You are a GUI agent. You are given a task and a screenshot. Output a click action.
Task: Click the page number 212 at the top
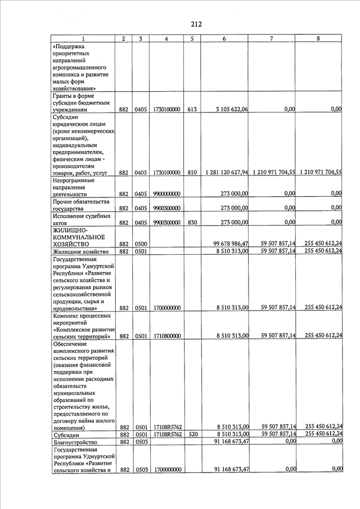(x=195, y=24)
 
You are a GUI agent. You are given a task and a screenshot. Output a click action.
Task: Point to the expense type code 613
(x=192, y=110)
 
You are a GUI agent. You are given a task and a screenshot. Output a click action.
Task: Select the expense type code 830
(x=192, y=223)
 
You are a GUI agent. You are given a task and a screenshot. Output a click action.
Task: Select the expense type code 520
(x=192, y=435)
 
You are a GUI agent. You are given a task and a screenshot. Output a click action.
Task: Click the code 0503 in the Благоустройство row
(x=141, y=443)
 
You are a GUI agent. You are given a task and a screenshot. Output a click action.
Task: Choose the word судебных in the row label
(x=93, y=216)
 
